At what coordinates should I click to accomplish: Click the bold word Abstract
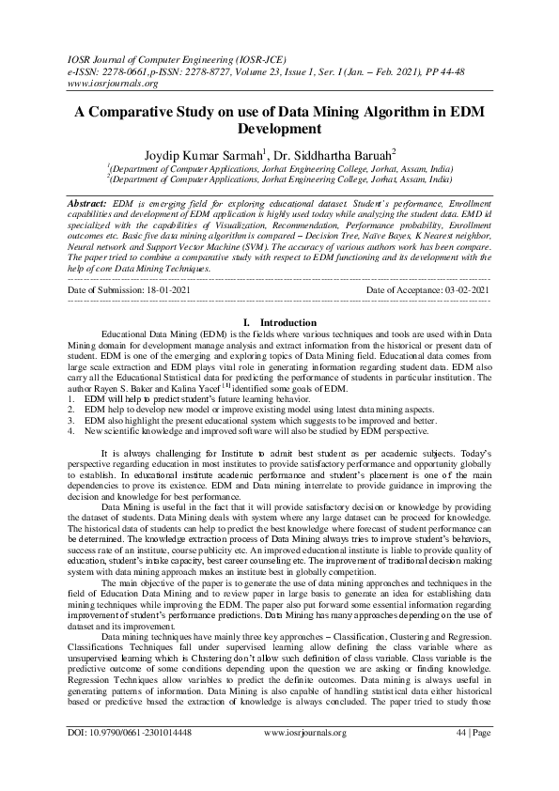pyautogui.click(x=87, y=203)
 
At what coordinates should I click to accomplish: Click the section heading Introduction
pyautogui.click(x=287, y=322)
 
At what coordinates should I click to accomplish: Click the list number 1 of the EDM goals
pyautogui.click(x=72, y=398)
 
